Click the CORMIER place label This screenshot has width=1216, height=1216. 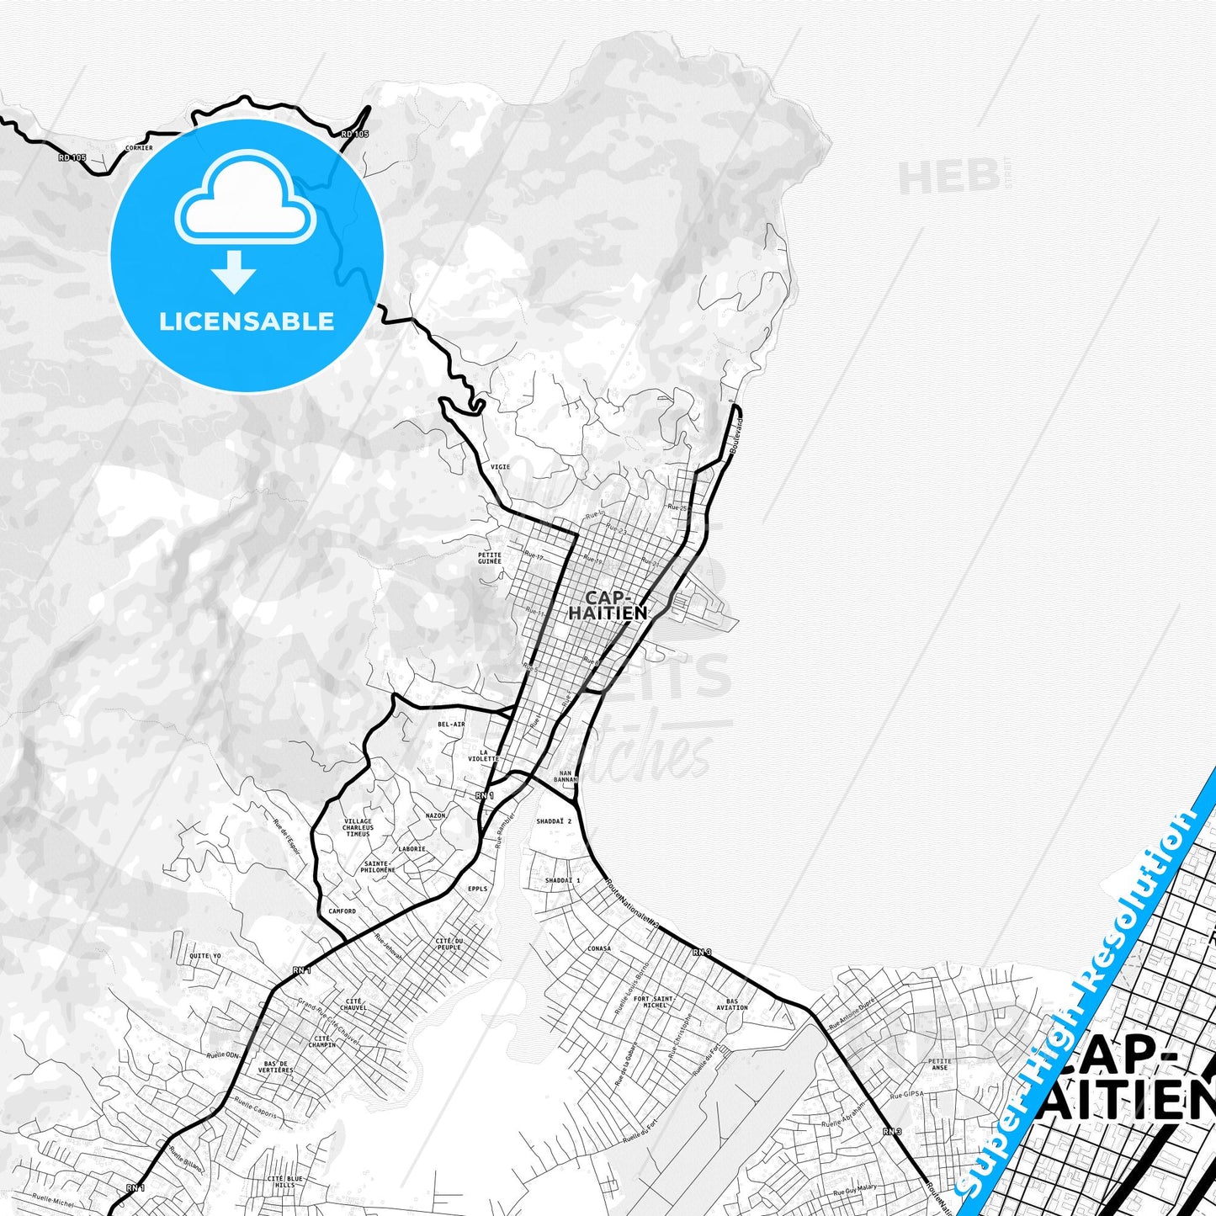pos(138,147)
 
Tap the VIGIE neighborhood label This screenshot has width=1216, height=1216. pos(500,466)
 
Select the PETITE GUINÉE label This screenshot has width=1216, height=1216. pos(489,558)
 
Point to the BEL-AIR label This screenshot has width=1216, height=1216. pos(451,724)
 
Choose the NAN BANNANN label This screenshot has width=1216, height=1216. pos(566,776)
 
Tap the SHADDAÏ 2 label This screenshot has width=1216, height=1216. pos(554,820)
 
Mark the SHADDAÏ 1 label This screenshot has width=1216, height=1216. pos(563,880)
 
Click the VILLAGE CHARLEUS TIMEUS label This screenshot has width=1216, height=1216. pos(358,827)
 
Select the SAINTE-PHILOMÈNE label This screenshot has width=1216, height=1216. pos(380,866)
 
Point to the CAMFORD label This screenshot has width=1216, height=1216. pos(342,911)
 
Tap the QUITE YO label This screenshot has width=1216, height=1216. pos(204,956)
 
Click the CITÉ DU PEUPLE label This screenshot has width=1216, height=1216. pos(449,943)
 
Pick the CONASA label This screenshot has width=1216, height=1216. pos(599,948)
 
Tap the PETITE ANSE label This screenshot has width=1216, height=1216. pos(939,1065)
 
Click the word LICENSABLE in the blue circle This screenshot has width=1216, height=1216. pos(247,321)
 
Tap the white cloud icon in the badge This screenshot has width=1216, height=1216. pos(245,202)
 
